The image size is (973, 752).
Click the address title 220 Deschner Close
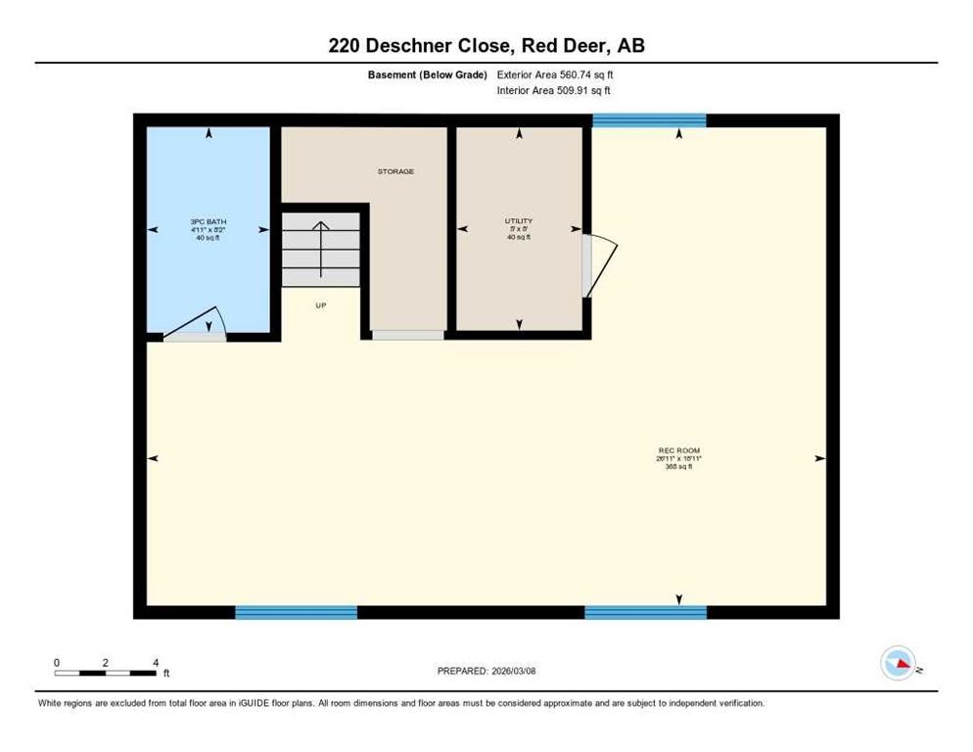(486, 46)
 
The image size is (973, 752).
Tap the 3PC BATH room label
(208, 222)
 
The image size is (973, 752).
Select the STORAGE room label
(396, 171)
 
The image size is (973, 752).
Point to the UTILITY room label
(519, 221)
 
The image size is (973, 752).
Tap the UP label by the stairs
(320, 305)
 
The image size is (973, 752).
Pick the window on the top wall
(649, 120)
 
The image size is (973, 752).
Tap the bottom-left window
(296, 612)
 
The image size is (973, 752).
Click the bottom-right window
(645, 612)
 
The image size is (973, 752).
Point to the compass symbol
(898, 664)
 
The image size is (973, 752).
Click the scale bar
(106, 673)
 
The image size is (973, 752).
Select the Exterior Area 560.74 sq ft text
(555, 74)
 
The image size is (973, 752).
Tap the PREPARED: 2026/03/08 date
(486, 671)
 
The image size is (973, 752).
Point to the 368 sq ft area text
(677, 467)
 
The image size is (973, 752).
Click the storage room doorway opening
(408, 335)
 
